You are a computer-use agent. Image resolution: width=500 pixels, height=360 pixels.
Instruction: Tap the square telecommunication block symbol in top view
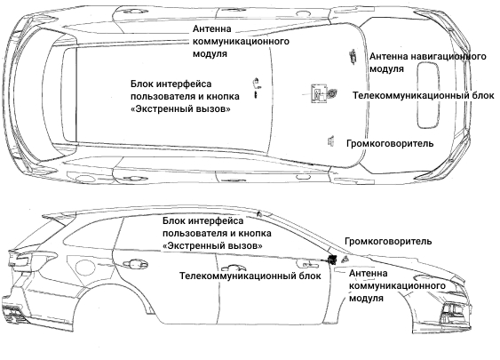point(319,93)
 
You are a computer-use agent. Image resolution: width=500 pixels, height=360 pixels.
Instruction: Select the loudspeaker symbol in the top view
point(330,140)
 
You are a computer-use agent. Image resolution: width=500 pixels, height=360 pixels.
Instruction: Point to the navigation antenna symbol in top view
point(353,57)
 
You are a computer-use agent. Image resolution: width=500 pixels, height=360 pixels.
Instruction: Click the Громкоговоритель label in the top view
point(390,144)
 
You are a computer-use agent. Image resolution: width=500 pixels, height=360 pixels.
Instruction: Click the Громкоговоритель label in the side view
point(388,241)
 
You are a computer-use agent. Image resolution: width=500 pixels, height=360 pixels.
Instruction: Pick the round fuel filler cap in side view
point(84,268)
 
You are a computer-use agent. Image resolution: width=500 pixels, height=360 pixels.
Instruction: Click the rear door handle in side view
point(136,264)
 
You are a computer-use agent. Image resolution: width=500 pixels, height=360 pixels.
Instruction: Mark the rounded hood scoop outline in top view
point(428,95)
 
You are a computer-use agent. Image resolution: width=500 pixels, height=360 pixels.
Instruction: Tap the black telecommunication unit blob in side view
point(332,260)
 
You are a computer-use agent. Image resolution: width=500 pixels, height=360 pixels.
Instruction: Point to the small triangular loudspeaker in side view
point(345,260)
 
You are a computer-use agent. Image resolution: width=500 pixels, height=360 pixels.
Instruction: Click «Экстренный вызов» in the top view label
point(180,109)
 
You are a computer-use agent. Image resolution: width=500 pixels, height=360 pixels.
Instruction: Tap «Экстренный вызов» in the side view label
point(212,246)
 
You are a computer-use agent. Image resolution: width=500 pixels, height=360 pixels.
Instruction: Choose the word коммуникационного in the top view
point(241,42)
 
